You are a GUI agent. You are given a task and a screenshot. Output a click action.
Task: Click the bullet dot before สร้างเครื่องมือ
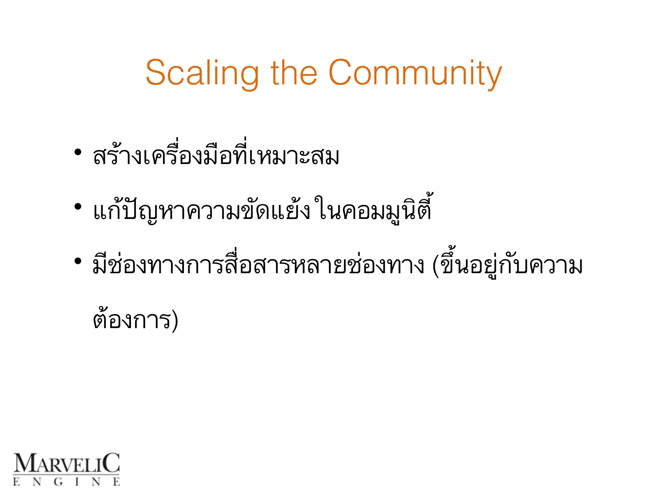[x=78, y=152]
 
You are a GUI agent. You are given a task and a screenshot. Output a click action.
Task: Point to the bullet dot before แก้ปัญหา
[x=78, y=207]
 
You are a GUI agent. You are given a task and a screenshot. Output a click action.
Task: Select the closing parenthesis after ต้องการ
[x=175, y=320]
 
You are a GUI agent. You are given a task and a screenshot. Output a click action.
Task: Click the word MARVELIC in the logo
[x=66, y=463]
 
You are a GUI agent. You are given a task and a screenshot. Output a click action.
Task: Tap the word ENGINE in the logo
[x=66, y=482]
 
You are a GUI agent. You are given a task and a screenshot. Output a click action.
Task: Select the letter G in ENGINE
[x=58, y=482]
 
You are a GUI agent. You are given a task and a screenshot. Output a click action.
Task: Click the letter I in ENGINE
[x=77, y=482]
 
